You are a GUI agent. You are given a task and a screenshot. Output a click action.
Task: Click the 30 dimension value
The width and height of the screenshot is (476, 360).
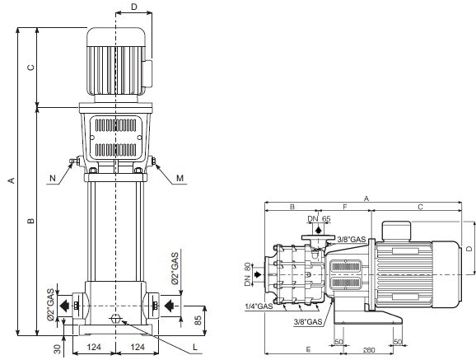pyautogui.click(x=58, y=348)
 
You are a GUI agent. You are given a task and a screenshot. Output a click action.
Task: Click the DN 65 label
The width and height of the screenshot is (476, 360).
pyautogui.click(x=319, y=218)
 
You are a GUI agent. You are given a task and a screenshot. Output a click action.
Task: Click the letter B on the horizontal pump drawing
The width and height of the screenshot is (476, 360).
pyautogui.click(x=291, y=208)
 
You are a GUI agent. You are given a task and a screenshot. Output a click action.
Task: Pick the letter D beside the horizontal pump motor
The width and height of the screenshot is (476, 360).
pyautogui.click(x=469, y=247)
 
